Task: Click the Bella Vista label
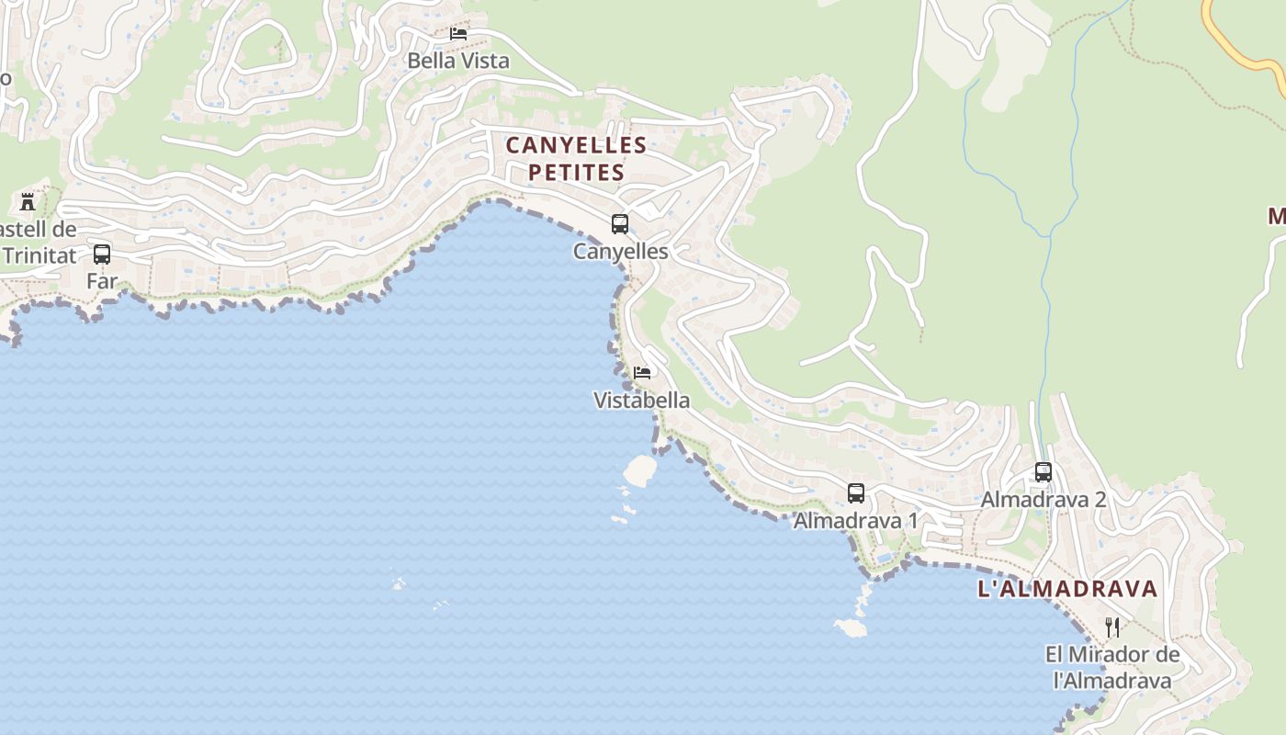pyautogui.click(x=457, y=61)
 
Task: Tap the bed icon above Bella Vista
pyautogui.click(x=458, y=34)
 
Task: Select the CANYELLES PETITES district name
pyautogui.click(x=576, y=158)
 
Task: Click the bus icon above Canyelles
pyautogui.click(x=620, y=223)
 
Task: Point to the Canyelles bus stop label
pyautogui.click(x=620, y=251)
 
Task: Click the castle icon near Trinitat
pyautogui.click(x=28, y=201)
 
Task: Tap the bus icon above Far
pyautogui.click(x=102, y=254)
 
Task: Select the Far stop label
pyautogui.click(x=102, y=281)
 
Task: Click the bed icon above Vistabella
pyautogui.click(x=642, y=373)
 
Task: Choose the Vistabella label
pyautogui.click(x=641, y=401)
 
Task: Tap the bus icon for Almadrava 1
pyautogui.click(x=856, y=493)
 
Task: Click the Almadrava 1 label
pyautogui.click(x=855, y=521)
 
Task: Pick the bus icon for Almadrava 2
pyautogui.click(x=1043, y=472)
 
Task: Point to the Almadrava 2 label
pyautogui.click(x=1043, y=500)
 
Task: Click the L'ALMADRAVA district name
pyautogui.click(x=1067, y=589)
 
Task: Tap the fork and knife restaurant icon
pyautogui.click(x=1112, y=628)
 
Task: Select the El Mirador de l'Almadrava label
pyautogui.click(x=1112, y=668)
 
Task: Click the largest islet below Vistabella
pyautogui.click(x=640, y=471)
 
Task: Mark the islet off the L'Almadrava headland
pyautogui.click(x=851, y=628)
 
